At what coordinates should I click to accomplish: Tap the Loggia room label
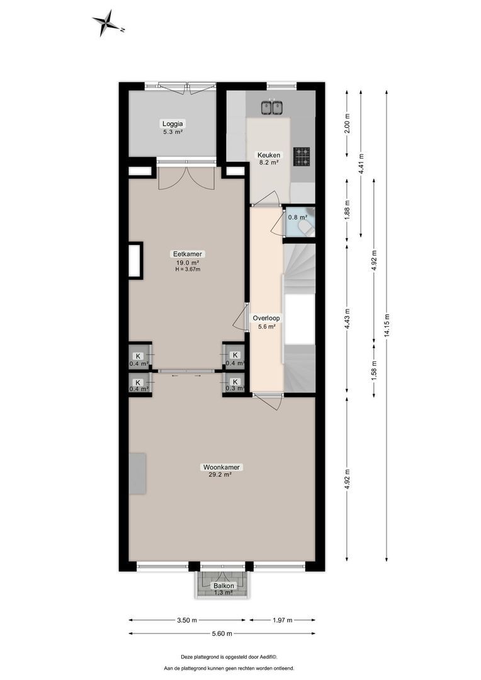click(x=172, y=124)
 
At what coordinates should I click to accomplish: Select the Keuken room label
click(x=268, y=155)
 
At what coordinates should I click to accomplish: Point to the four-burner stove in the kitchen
click(x=302, y=156)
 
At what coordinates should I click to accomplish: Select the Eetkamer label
click(x=187, y=254)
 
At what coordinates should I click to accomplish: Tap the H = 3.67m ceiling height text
click(x=187, y=269)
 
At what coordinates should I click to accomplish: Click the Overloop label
click(x=266, y=318)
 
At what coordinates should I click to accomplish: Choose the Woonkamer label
click(x=222, y=467)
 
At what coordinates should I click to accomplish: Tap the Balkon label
click(x=223, y=586)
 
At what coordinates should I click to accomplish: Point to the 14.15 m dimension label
click(x=387, y=326)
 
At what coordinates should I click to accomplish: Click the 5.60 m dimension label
click(x=221, y=633)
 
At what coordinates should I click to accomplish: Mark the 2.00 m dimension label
click(x=348, y=123)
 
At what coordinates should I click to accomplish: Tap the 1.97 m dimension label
click(x=282, y=620)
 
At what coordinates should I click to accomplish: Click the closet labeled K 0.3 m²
click(x=235, y=385)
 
